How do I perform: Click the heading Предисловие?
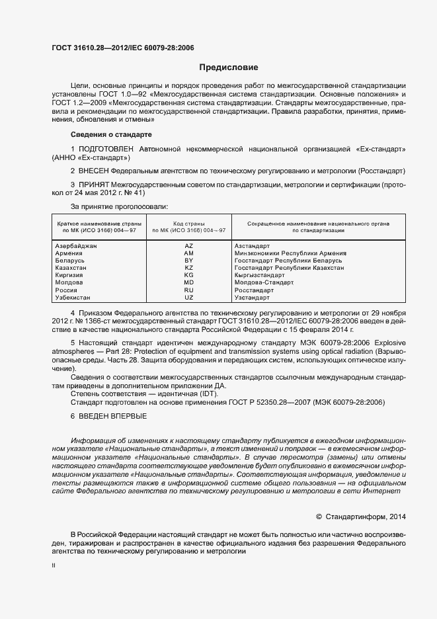click(229, 67)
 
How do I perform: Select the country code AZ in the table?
click(188, 245)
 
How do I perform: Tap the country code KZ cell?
click(188, 267)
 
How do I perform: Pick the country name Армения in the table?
click(69, 253)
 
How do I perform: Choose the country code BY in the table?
click(188, 261)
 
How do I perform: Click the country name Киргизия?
click(70, 275)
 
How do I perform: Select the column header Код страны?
click(188, 224)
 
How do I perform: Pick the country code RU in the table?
click(188, 290)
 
